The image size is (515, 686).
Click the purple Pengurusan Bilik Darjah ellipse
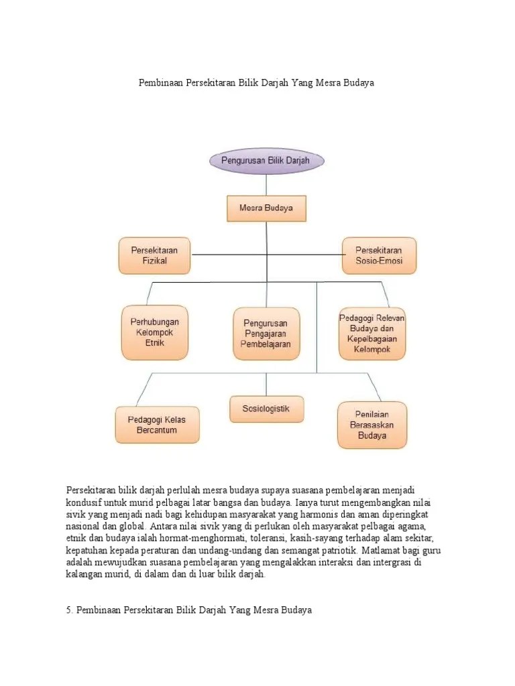(x=267, y=161)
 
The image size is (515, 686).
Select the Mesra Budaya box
(x=266, y=208)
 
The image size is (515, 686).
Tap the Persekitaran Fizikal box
(x=154, y=255)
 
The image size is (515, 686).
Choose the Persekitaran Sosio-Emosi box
(x=380, y=255)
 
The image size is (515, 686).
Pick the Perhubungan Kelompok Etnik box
(x=154, y=332)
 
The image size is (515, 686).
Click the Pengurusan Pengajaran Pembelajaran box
(x=266, y=334)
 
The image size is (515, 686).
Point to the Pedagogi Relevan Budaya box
(x=372, y=332)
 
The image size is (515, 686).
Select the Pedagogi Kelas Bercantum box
(x=157, y=425)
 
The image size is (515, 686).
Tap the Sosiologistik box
(x=266, y=409)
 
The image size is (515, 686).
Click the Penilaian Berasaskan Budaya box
(x=372, y=425)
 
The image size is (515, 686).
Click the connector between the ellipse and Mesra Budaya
(x=266, y=184)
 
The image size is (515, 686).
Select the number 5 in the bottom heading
(x=69, y=611)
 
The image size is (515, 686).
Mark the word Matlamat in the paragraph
(x=381, y=551)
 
